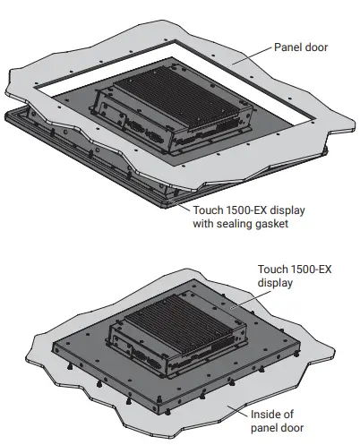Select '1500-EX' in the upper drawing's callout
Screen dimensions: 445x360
pyautogui.click(x=248, y=210)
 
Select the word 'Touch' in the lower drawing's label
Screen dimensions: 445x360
pyautogui.click(x=272, y=268)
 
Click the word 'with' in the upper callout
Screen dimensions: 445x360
pyautogui.click(x=202, y=224)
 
